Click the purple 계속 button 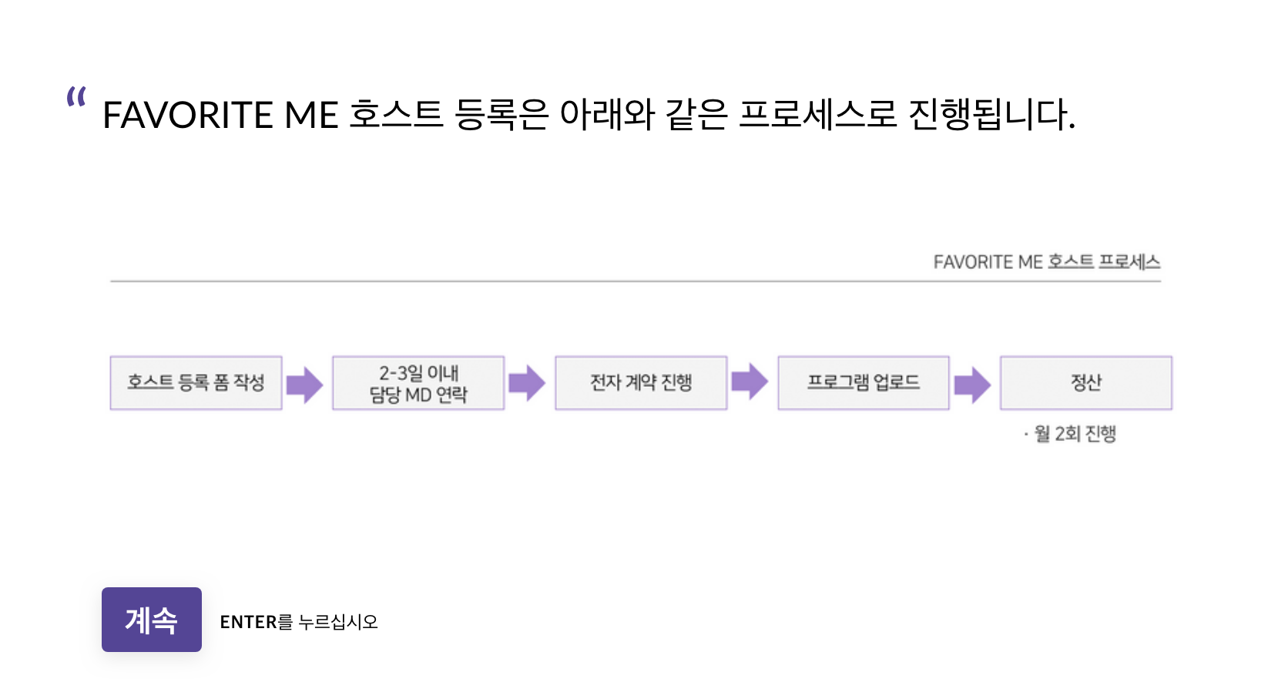tap(152, 620)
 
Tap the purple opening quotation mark tap(76, 97)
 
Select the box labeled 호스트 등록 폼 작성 tap(196, 383)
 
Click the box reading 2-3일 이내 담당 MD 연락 tap(418, 383)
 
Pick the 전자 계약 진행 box tap(641, 383)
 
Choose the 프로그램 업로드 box tap(864, 383)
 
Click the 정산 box tap(1086, 383)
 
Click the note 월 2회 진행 tap(1074, 434)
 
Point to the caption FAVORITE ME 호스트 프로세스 tap(1046, 262)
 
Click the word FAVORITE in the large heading tap(188, 116)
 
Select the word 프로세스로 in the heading tap(818, 116)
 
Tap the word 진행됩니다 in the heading tap(991, 116)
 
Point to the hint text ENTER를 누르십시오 tap(299, 622)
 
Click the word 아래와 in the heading tap(607, 116)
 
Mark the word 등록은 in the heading tap(501, 116)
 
